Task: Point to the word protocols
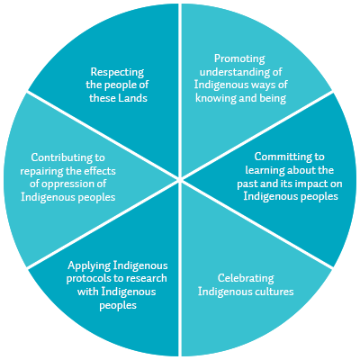pyautogui.click(x=88, y=278)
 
